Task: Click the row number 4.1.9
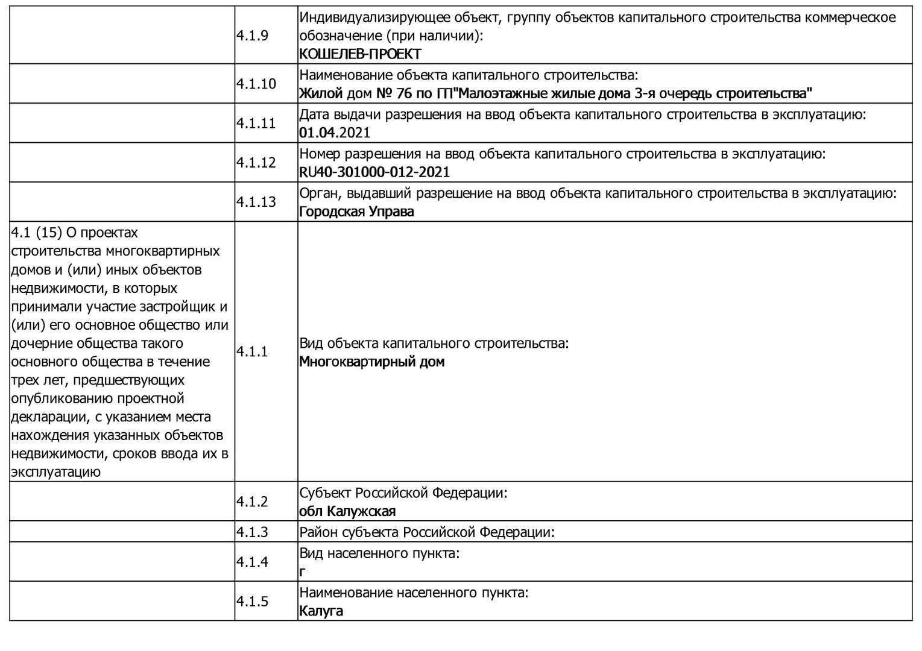252,35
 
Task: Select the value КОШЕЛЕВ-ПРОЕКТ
360,54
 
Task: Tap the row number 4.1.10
256,84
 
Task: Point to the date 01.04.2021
335,133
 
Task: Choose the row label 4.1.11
256,123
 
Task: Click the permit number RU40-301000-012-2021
374,172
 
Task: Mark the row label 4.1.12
256,162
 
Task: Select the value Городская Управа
356,212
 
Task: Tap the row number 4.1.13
256,201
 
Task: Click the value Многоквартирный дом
371,362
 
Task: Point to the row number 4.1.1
252,351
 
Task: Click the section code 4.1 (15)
37,233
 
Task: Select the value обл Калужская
347,512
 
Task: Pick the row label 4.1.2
252,502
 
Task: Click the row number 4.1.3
252,532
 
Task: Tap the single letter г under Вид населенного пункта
302,572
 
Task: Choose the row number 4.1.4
252,562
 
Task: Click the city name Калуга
321,611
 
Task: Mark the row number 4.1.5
252,601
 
